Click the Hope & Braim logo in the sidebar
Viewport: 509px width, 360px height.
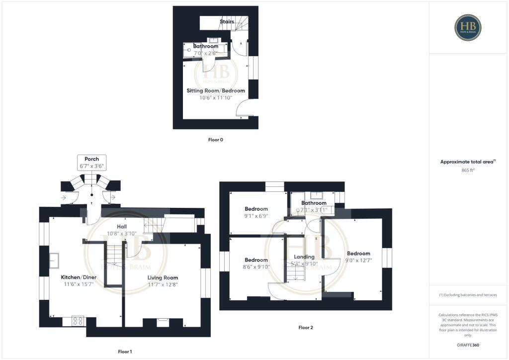pyautogui.click(x=467, y=27)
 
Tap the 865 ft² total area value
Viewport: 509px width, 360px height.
pyautogui.click(x=468, y=170)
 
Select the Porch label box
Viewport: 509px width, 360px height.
pyautogui.click(x=91, y=163)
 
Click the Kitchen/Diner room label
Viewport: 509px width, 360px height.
pyautogui.click(x=77, y=277)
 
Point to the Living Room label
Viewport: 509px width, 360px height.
pyautogui.click(x=163, y=277)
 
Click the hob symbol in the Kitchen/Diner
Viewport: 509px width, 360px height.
pyautogui.click(x=78, y=321)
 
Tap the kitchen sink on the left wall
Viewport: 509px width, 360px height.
pyautogui.click(x=54, y=260)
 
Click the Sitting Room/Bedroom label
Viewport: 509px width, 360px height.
pyautogui.click(x=216, y=91)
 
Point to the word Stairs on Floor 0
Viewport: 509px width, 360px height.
pyautogui.click(x=227, y=22)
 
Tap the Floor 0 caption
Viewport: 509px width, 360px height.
pyautogui.click(x=215, y=140)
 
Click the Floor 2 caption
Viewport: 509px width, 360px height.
pyautogui.click(x=306, y=328)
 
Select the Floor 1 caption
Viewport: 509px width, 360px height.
pyautogui.click(x=125, y=352)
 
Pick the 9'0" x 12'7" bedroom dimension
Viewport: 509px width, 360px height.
pyautogui.click(x=358, y=260)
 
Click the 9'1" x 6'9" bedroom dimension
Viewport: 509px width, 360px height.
pyautogui.click(x=256, y=216)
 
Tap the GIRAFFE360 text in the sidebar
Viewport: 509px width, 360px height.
pyautogui.click(x=468, y=345)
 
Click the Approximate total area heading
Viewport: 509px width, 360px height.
pyautogui.click(x=468, y=162)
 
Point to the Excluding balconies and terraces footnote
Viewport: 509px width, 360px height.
pyautogui.click(x=468, y=295)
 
